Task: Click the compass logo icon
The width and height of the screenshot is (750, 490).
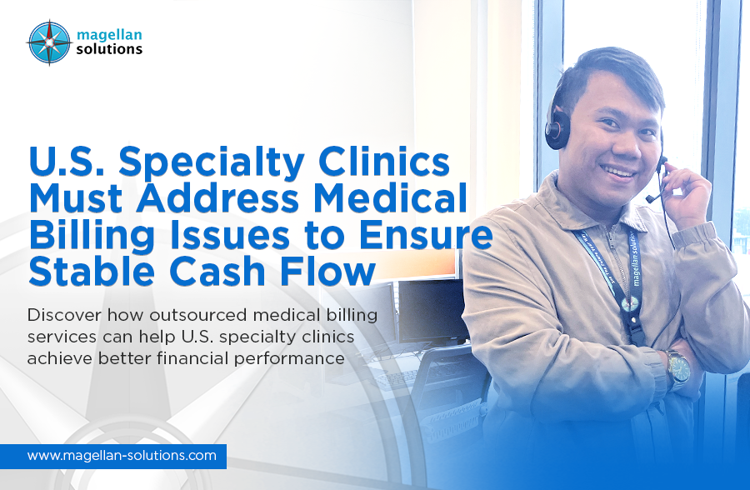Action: click(49, 42)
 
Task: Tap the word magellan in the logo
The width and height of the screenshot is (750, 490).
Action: click(109, 35)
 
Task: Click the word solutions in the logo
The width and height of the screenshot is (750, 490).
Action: click(109, 49)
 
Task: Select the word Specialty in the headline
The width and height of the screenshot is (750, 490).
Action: click(212, 162)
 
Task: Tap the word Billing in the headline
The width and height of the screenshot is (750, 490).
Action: click(92, 237)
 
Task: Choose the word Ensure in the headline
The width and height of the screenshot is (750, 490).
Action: click(426, 235)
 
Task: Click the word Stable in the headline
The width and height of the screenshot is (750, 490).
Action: click(92, 272)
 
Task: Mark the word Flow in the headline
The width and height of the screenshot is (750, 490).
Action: click(327, 272)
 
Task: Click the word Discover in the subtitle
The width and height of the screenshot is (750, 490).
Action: click(64, 315)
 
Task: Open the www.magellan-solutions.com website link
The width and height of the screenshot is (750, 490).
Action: click(122, 455)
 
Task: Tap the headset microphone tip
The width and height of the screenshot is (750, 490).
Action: click(650, 198)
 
